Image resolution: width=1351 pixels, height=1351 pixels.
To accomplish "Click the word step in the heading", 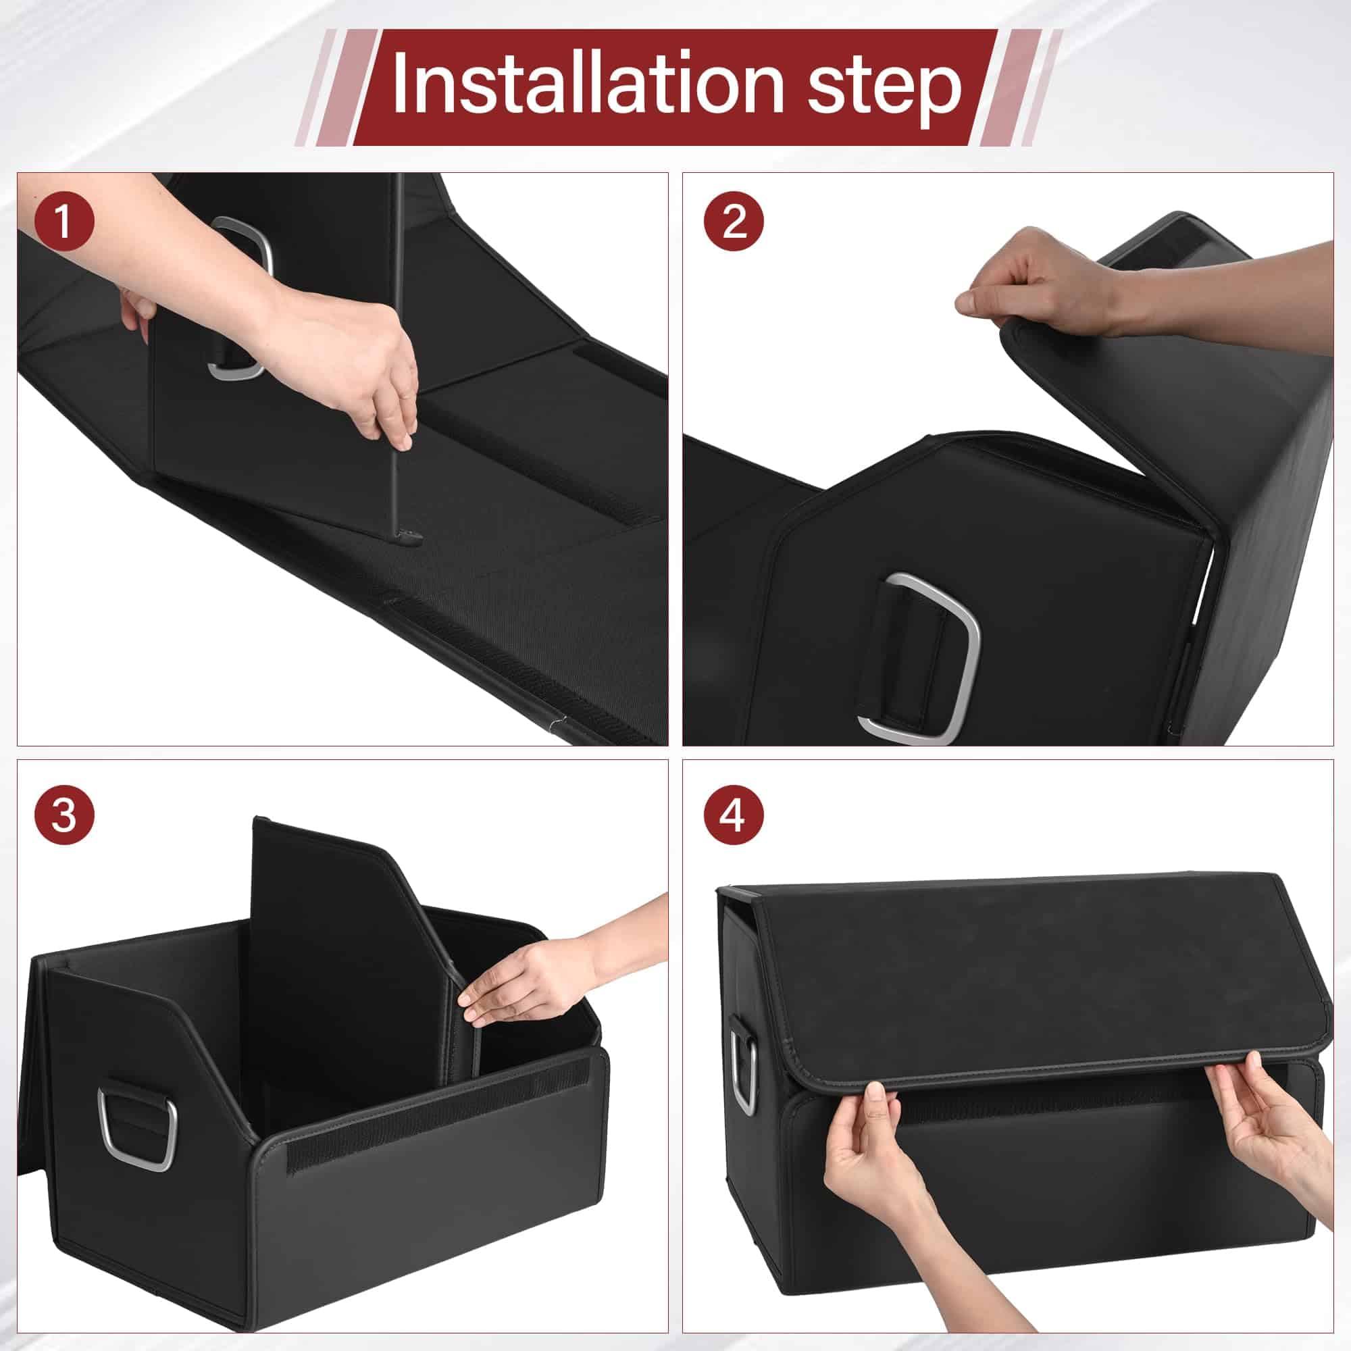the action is point(885,90).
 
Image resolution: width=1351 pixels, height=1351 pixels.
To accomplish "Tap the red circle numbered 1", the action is point(63,222).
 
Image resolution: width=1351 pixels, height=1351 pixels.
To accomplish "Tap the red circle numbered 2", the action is point(734,222).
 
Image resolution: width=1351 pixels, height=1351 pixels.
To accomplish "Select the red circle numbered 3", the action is point(63,815).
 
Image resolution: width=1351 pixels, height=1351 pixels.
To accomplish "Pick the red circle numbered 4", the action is point(734,815).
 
